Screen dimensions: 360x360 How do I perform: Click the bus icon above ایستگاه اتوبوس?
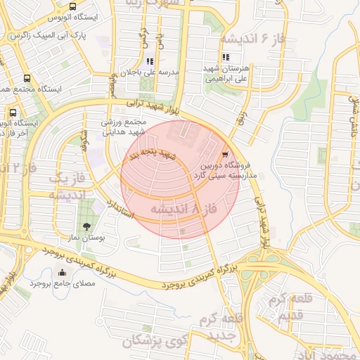tap(73, 6)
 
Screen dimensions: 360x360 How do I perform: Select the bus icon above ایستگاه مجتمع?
tap(27, 79)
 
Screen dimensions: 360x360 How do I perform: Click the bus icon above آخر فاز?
tap(13, 112)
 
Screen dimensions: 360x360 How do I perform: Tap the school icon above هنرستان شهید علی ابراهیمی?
tap(225, 58)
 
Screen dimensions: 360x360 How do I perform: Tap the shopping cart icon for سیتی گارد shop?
tap(224, 155)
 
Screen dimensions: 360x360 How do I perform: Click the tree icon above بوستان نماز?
tap(86, 226)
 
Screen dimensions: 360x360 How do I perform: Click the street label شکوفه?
tap(85, 134)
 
